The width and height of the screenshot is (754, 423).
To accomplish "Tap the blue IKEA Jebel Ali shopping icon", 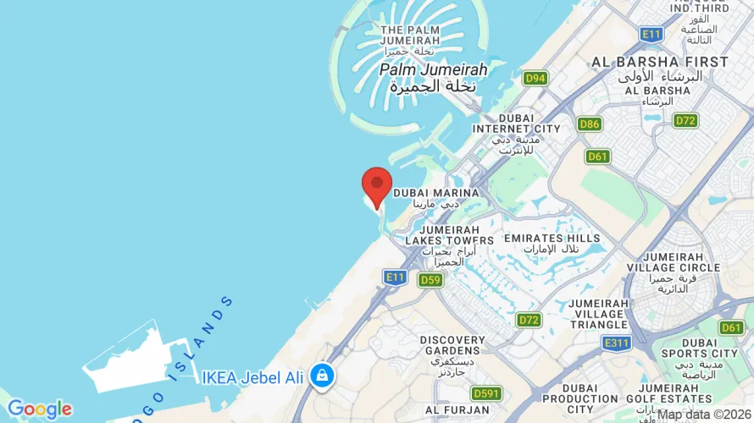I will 321,375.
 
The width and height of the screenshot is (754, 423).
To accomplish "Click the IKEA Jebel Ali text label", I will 252,377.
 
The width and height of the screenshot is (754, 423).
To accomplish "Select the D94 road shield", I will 535,79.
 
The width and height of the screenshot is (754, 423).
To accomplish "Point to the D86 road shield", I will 590,124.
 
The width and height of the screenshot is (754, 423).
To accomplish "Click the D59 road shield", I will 430,279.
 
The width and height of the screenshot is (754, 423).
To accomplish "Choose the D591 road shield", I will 486,393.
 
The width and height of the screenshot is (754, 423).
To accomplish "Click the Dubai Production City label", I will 580,404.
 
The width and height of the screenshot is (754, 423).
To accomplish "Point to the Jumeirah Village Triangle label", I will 597,314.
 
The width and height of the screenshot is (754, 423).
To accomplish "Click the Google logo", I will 39,409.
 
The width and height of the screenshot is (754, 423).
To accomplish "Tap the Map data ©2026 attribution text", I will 704,415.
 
